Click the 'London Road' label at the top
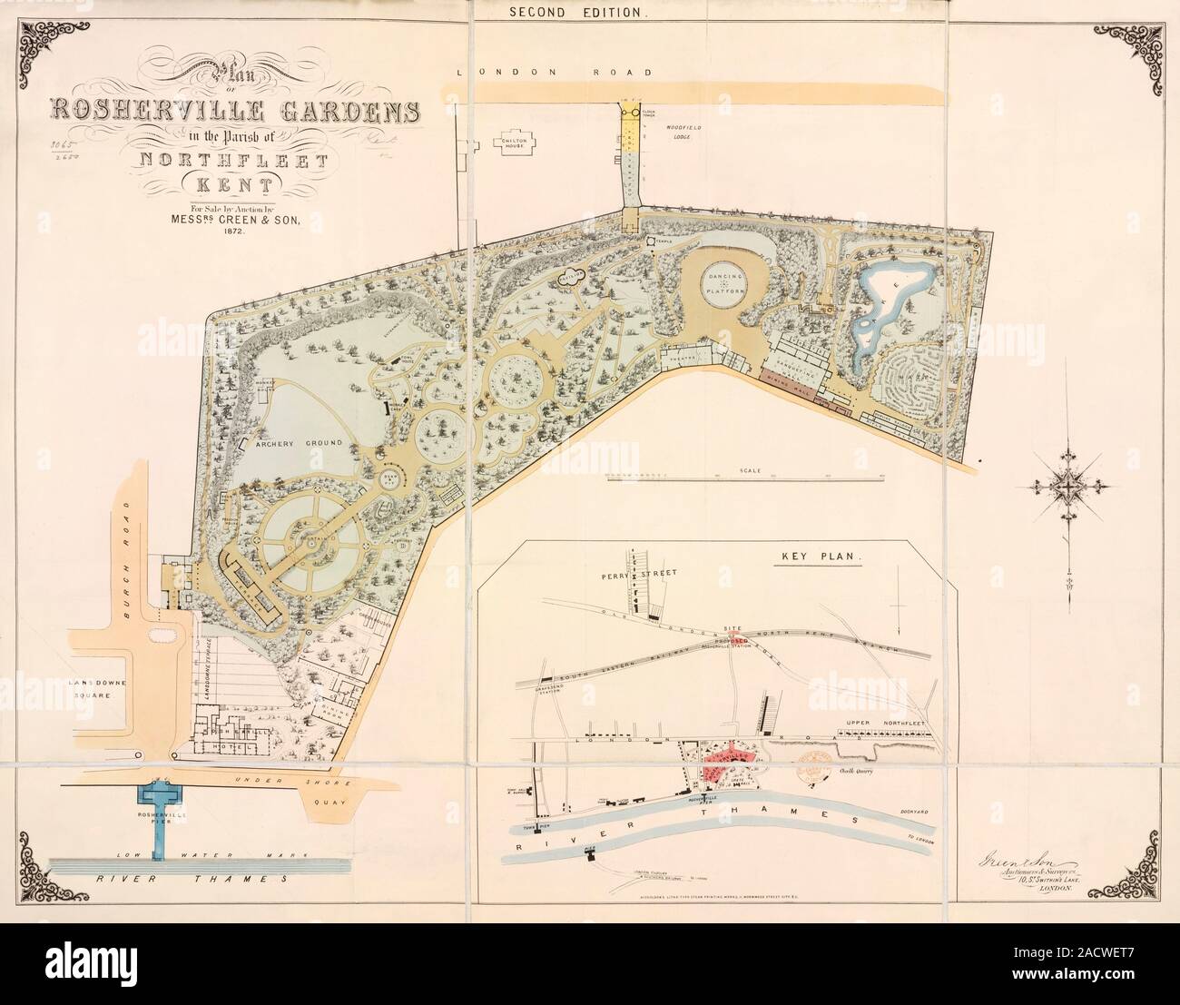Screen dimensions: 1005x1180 (x=554, y=72)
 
